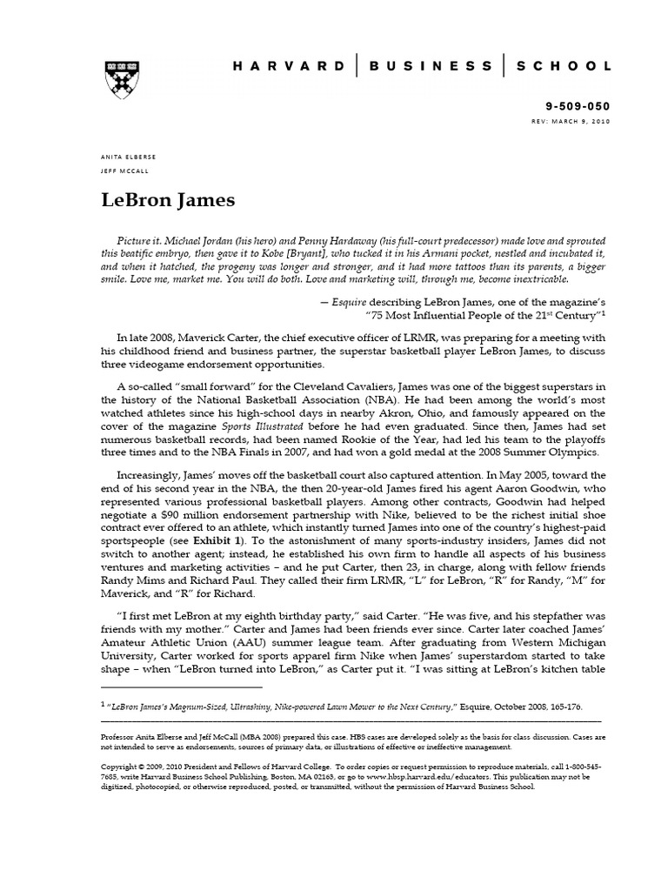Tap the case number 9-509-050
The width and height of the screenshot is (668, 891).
pos(579,106)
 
